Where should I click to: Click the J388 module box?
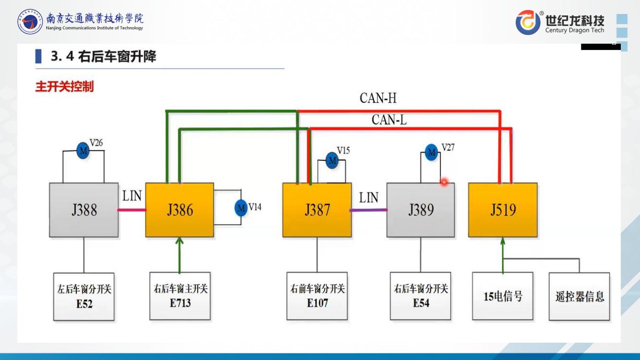84,210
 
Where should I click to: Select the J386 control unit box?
180,210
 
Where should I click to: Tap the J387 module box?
317,210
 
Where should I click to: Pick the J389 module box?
421,210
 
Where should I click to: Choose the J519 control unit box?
503,210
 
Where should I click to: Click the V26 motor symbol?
84,151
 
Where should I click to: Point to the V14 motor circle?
241,208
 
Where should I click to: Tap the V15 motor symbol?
332,160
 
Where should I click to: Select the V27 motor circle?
432,152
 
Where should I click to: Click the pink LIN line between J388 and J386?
132,210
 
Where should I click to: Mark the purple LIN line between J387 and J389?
369,210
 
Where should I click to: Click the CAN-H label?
378,98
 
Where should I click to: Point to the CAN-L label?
389,120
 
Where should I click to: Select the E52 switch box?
84,296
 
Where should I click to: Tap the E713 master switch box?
180,296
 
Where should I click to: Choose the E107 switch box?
317,296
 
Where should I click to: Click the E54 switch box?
421,296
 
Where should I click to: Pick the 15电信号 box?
503,296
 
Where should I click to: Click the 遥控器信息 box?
580,296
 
